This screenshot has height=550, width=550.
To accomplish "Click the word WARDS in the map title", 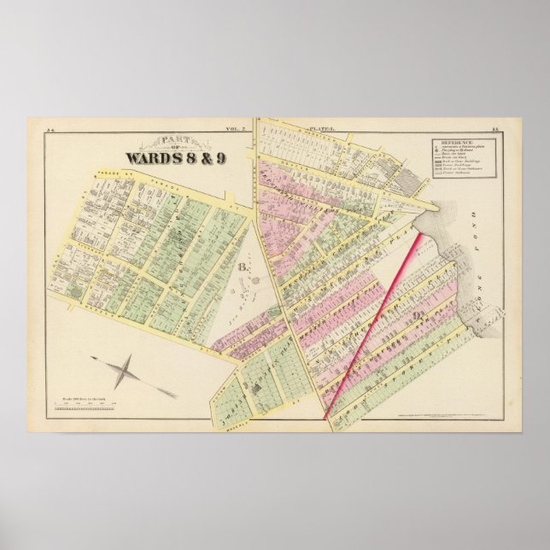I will pyautogui.click(x=155, y=156).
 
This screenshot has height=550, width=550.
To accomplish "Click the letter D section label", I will pyautogui.click(x=418, y=319).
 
